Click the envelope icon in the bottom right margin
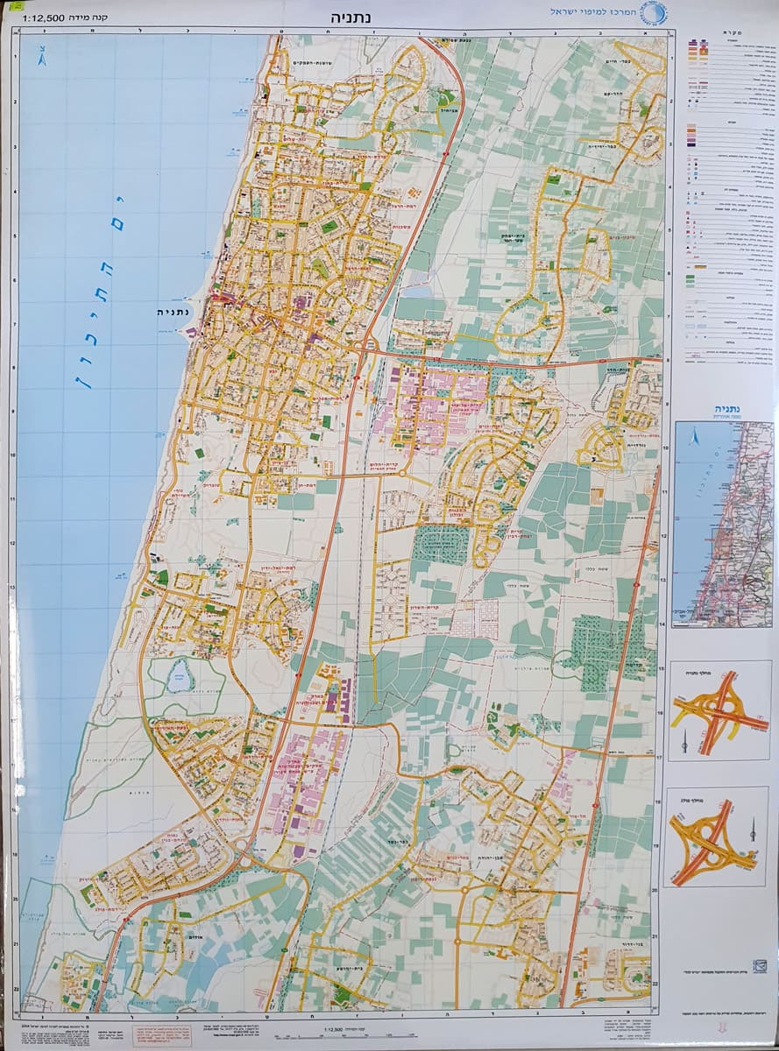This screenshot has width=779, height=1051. point(759,966)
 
